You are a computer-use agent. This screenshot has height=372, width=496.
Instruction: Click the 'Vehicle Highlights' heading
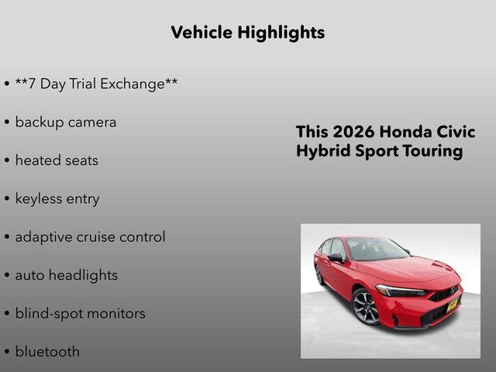click(x=247, y=33)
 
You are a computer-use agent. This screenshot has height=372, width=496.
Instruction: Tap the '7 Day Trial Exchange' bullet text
click(x=96, y=84)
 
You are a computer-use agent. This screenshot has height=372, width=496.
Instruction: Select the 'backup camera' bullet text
click(x=66, y=122)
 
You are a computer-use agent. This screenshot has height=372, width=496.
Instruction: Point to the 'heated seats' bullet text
click(x=57, y=160)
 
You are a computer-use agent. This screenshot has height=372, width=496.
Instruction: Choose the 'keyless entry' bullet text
click(x=57, y=198)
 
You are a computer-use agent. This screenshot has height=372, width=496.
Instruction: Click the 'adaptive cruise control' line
click(x=90, y=236)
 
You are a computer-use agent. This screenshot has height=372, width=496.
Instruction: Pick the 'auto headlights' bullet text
click(x=67, y=275)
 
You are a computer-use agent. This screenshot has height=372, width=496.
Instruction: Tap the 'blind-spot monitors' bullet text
click(x=80, y=313)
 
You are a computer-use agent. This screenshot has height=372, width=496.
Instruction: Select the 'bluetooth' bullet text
click(x=47, y=351)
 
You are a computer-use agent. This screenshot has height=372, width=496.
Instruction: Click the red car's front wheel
click(x=365, y=307)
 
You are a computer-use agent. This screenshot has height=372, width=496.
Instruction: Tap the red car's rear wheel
click(x=319, y=274)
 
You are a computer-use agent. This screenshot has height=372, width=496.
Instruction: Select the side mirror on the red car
click(x=335, y=257)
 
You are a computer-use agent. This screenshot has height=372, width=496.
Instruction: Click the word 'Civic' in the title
click(x=454, y=132)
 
